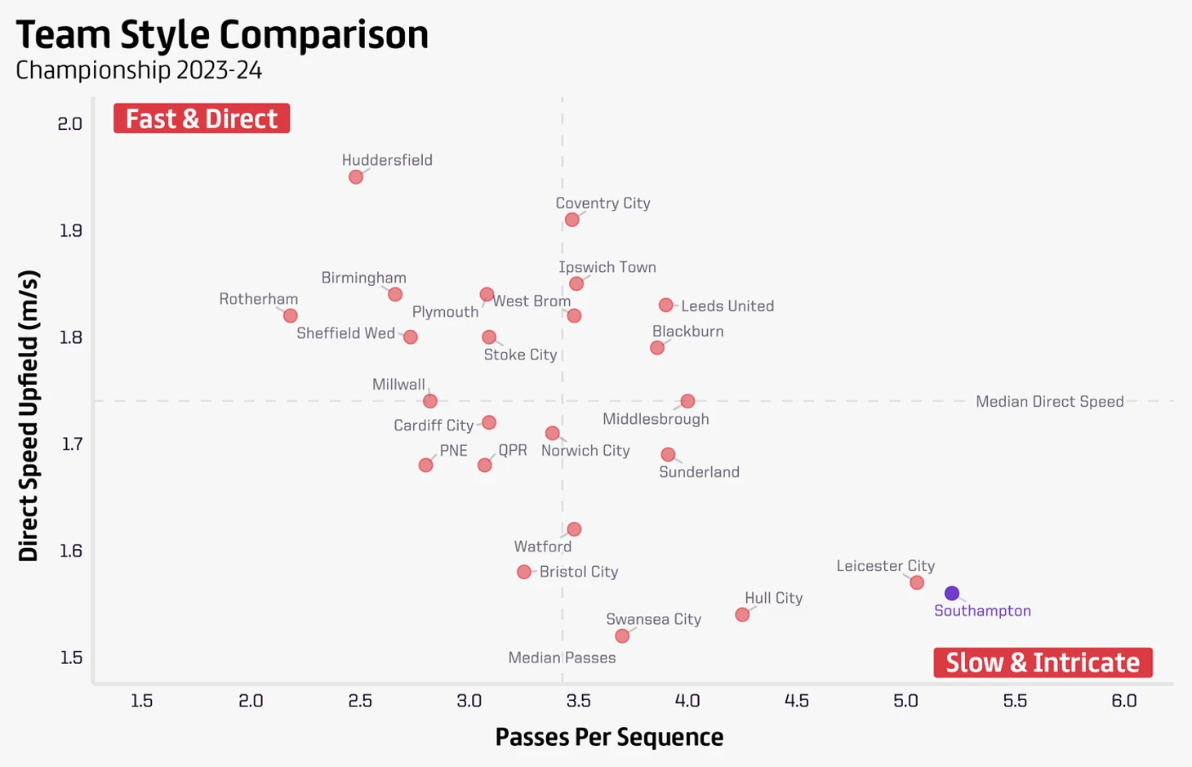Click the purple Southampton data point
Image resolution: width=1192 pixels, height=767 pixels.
[952, 593]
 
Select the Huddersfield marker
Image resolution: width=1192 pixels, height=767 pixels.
[356, 177]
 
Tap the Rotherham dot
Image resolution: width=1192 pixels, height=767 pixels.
[290, 315]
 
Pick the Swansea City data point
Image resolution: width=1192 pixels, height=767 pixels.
[622, 635]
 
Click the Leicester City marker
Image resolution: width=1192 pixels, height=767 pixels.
[917, 582]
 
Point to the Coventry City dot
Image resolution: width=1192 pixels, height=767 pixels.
[572, 220]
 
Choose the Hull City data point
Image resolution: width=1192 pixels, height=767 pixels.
[742, 614]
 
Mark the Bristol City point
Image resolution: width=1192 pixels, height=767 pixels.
[524, 572]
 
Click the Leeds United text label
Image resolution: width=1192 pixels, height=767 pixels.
[727, 306]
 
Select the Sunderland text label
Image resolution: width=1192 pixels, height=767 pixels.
[699, 472]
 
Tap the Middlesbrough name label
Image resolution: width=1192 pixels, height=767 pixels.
[656, 419]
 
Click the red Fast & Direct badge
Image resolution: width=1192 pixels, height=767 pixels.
[202, 118]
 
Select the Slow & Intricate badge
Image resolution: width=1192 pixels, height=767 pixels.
[1043, 662]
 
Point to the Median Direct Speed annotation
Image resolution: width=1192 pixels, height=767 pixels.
[1049, 401]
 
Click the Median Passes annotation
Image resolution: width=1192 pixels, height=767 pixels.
[562, 658]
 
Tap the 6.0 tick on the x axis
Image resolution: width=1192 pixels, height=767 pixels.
[1124, 701]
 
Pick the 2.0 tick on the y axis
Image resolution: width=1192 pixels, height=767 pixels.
[70, 123]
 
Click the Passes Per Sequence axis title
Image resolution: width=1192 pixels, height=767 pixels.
[609, 737]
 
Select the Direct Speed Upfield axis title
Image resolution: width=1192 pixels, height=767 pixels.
[29, 416]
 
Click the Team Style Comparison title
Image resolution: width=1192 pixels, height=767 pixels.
[222, 34]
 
